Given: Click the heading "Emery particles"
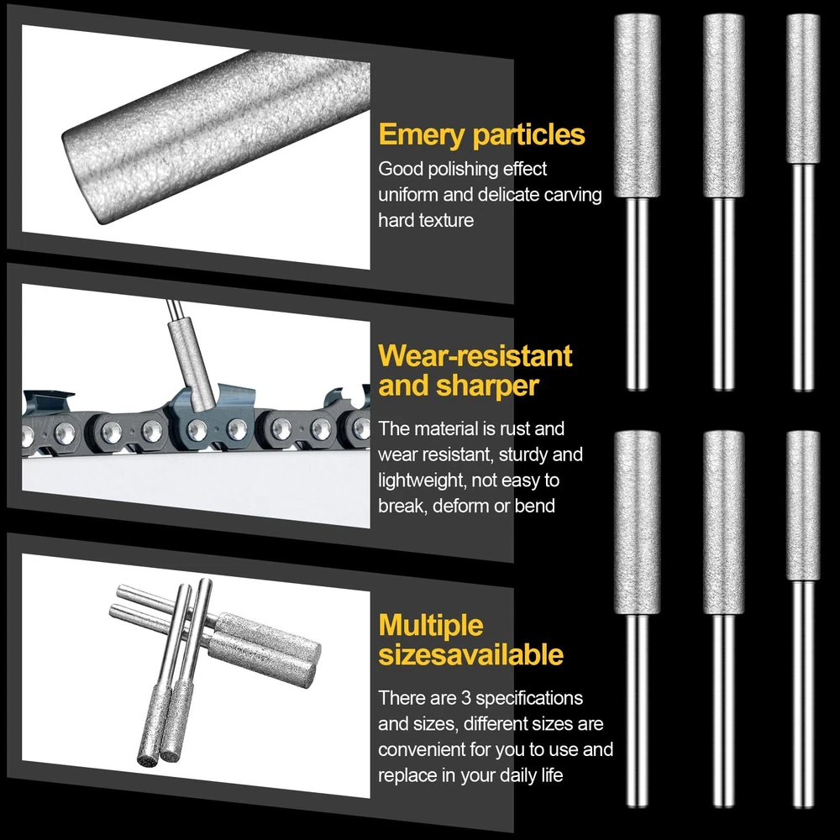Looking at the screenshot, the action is (481, 135).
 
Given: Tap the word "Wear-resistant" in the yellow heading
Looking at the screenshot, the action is (475, 355).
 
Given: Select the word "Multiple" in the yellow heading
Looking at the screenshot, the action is (431, 626).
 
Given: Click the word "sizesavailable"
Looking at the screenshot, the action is (471, 654).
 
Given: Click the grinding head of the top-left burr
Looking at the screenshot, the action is (637, 106).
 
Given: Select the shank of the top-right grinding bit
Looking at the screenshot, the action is (803, 276).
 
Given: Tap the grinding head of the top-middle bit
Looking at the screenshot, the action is (723, 106).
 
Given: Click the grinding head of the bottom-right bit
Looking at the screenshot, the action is (803, 505).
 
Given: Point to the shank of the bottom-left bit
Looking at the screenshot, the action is (637, 710).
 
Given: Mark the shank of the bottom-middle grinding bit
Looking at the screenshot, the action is (723, 710).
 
